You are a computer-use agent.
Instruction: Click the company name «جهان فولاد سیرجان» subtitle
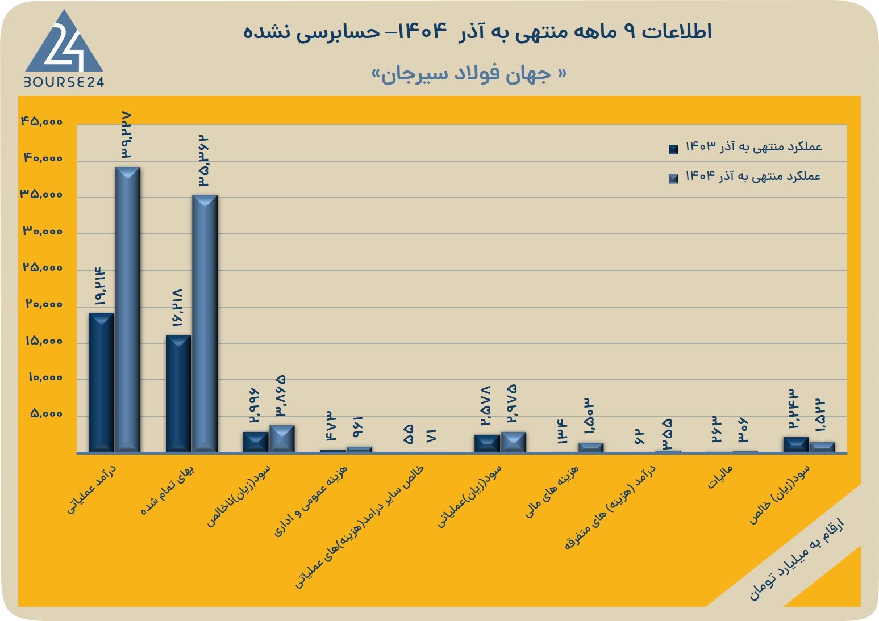pyautogui.click(x=469, y=74)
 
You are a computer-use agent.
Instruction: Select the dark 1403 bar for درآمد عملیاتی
pyautogui.click(x=101, y=383)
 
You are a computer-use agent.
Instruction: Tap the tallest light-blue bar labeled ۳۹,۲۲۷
pyautogui.click(x=127, y=310)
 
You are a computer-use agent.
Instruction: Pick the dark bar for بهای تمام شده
pyautogui.click(x=178, y=393)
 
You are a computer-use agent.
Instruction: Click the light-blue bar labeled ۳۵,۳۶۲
pyautogui.click(x=205, y=324)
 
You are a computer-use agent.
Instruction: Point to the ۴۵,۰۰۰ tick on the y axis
pyautogui.click(x=41, y=121)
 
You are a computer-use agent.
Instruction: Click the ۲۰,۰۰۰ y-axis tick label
pyautogui.click(x=44, y=304)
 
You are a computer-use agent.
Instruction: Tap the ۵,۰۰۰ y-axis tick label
pyautogui.click(x=46, y=414)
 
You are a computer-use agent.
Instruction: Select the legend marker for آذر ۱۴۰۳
pyautogui.click(x=673, y=149)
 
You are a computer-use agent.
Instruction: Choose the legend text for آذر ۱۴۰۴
pyautogui.click(x=753, y=176)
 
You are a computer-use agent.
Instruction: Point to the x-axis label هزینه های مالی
pyautogui.click(x=552, y=492)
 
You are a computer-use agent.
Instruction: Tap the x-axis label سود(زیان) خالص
pyautogui.click(x=780, y=494)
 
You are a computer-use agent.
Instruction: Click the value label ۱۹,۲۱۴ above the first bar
pyautogui.click(x=99, y=287)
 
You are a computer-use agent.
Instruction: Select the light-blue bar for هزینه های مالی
pyautogui.click(x=590, y=447)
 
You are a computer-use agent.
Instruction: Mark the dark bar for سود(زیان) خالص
pyautogui.click(x=796, y=444)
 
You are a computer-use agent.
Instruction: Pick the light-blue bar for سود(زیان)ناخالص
pyautogui.click(x=282, y=439)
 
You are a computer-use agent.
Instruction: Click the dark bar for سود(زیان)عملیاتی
pyautogui.click(x=487, y=443)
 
